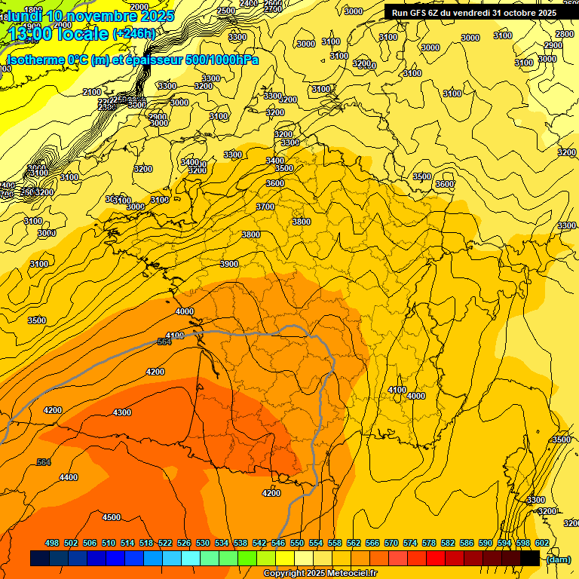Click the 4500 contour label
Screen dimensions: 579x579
coord(112,517)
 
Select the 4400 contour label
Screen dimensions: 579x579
coord(68,477)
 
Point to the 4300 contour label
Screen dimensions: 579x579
coord(121,412)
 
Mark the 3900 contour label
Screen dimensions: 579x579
coord(229,264)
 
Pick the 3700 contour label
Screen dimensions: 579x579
coord(265,206)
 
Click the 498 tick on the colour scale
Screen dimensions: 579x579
coord(52,544)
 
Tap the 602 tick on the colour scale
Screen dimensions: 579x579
coord(542,544)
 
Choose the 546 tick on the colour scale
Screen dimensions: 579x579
coord(278,544)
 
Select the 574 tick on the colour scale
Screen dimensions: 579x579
coord(410,544)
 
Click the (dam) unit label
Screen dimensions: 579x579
coord(558,559)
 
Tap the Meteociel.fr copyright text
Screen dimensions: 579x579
coord(320,574)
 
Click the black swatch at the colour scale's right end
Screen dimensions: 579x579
coord(530,559)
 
